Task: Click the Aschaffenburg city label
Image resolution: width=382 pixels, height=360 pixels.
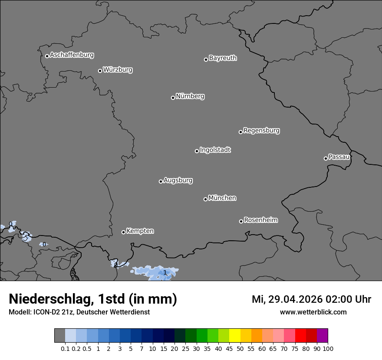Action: click(72, 55)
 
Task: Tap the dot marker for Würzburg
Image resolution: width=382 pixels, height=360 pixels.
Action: click(100, 71)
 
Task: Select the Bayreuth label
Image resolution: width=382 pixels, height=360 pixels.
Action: click(223, 58)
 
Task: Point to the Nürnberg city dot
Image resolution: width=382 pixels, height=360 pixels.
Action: click(173, 98)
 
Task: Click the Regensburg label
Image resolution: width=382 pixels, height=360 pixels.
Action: click(261, 131)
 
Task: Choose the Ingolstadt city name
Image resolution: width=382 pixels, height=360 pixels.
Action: click(215, 150)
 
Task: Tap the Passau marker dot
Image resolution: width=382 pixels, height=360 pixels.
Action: click(326, 158)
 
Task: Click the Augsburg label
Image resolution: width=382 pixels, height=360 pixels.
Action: click(178, 180)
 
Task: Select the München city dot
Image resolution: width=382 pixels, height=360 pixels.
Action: click(205, 199)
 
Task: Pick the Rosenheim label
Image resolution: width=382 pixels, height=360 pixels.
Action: click(260, 220)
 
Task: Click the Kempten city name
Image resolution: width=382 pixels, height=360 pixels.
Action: click(140, 231)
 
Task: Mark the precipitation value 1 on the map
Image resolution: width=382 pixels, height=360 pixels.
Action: click(165, 272)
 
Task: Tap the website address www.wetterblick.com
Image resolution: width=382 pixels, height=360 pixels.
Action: click(313, 312)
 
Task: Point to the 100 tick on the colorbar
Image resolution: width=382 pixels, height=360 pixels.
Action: click(328, 348)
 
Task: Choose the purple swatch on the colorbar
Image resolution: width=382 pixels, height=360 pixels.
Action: click(323, 336)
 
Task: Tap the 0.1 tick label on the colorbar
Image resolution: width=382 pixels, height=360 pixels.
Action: click(65, 348)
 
